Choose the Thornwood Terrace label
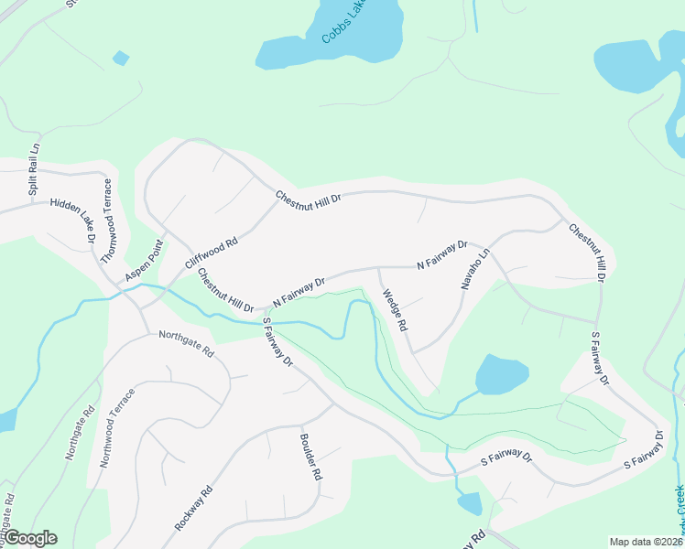click(x=107, y=221)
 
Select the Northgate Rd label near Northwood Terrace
click(x=79, y=433)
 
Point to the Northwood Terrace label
click(x=117, y=428)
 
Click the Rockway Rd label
click(x=193, y=510)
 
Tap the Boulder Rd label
click(x=310, y=456)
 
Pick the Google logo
click(x=29, y=538)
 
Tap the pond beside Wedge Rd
click(x=502, y=374)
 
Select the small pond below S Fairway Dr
click(x=469, y=503)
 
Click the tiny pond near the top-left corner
click(x=121, y=59)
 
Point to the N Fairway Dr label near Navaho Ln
click(x=442, y=255)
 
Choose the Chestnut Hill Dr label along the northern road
click(x=309, y=198)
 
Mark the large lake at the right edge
click(x=641, y=64)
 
